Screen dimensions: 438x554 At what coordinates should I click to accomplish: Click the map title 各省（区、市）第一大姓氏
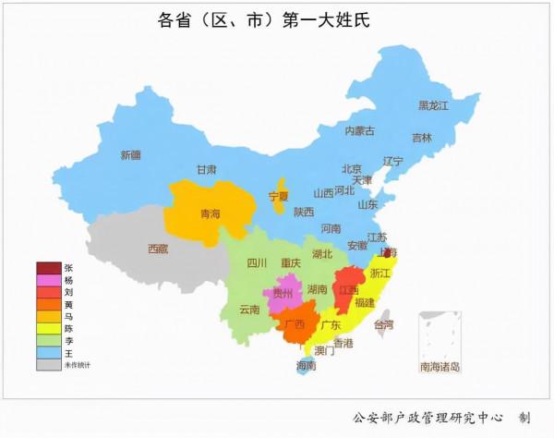(x=276, y=19)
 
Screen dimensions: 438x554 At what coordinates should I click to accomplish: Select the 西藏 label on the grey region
(x=158, y=249)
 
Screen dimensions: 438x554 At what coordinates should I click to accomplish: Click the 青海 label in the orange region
(x=211, y=213)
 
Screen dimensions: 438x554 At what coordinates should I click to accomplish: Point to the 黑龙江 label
(x=433, y=106)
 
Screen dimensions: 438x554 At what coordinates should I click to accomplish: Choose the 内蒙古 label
(x=360, y=131)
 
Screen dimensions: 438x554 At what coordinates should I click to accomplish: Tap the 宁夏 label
(x=279, y=196)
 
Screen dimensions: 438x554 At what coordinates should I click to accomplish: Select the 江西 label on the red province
(x=348, y=290)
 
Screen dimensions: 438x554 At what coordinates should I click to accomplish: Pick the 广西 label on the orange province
(x=295, y=324)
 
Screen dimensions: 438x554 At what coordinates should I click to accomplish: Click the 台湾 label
(x=383, y=324)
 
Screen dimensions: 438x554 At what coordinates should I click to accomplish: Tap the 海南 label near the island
(x=306, y=365)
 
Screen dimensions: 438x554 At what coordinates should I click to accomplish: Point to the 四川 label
(x=257, y=262)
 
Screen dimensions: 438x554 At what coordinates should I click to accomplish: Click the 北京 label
(x=351, y=169)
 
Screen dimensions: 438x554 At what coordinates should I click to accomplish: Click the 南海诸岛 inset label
(x=440, y=367)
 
